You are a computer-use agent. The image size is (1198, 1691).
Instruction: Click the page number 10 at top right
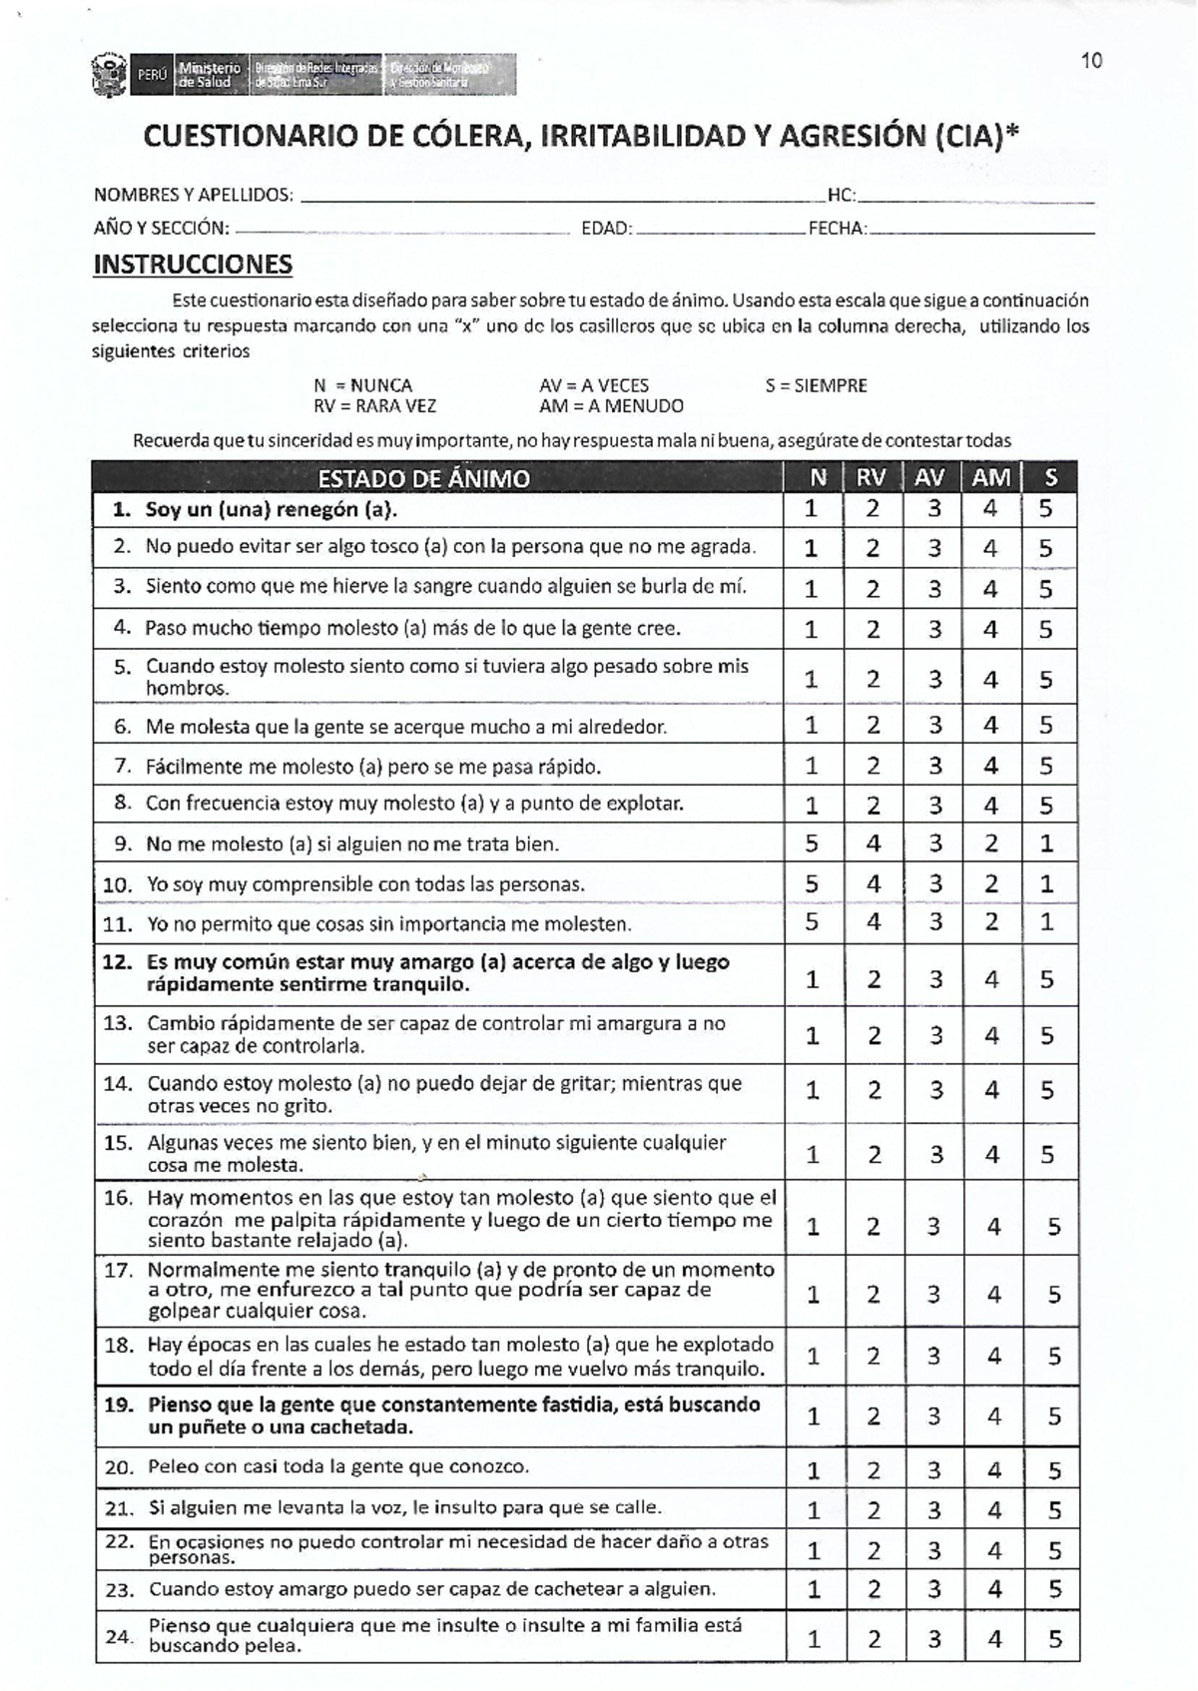[x=1091, y=61]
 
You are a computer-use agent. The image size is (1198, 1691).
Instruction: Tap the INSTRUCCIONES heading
[x=193, y=265]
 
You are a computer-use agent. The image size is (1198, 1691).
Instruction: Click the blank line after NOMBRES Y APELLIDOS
[x=559, y=197]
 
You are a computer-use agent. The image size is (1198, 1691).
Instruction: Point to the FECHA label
[x=837, y=229]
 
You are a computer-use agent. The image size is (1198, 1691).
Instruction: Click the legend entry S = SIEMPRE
[x=816, y=385]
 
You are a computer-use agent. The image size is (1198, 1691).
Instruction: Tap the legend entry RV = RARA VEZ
[x=374, y=406]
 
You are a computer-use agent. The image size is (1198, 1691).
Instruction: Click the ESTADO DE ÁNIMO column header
[x=423, y=479]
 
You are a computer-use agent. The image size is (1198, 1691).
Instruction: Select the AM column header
[x=990, y=478]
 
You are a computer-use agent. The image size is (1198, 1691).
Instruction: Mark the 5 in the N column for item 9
[x=812, y=844]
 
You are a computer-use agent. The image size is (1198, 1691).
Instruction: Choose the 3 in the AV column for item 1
[x=934, y=509]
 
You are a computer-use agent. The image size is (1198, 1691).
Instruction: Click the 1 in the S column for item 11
[x=1046, y=922]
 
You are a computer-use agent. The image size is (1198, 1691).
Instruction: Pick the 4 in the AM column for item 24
[x=994, y=1639]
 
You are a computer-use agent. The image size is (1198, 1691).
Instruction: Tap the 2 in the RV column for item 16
[x=874, y=1227]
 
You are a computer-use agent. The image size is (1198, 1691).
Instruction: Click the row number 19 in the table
[x=118, y=1405]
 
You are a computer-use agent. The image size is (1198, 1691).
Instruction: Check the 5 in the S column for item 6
[x=1045, y=726]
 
